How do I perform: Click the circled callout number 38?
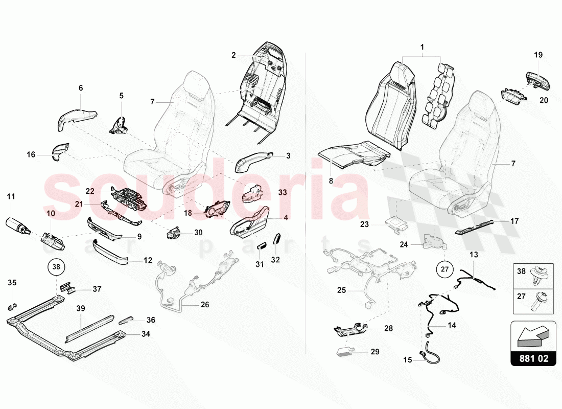pos(56,266)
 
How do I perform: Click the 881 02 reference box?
pos(533,358)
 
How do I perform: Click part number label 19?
pos(538,55)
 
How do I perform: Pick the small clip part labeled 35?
pos(11,307)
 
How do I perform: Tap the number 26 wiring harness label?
pos(204,305)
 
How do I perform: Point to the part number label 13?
pos(474,254)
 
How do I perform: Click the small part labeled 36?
pos(126,321)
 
